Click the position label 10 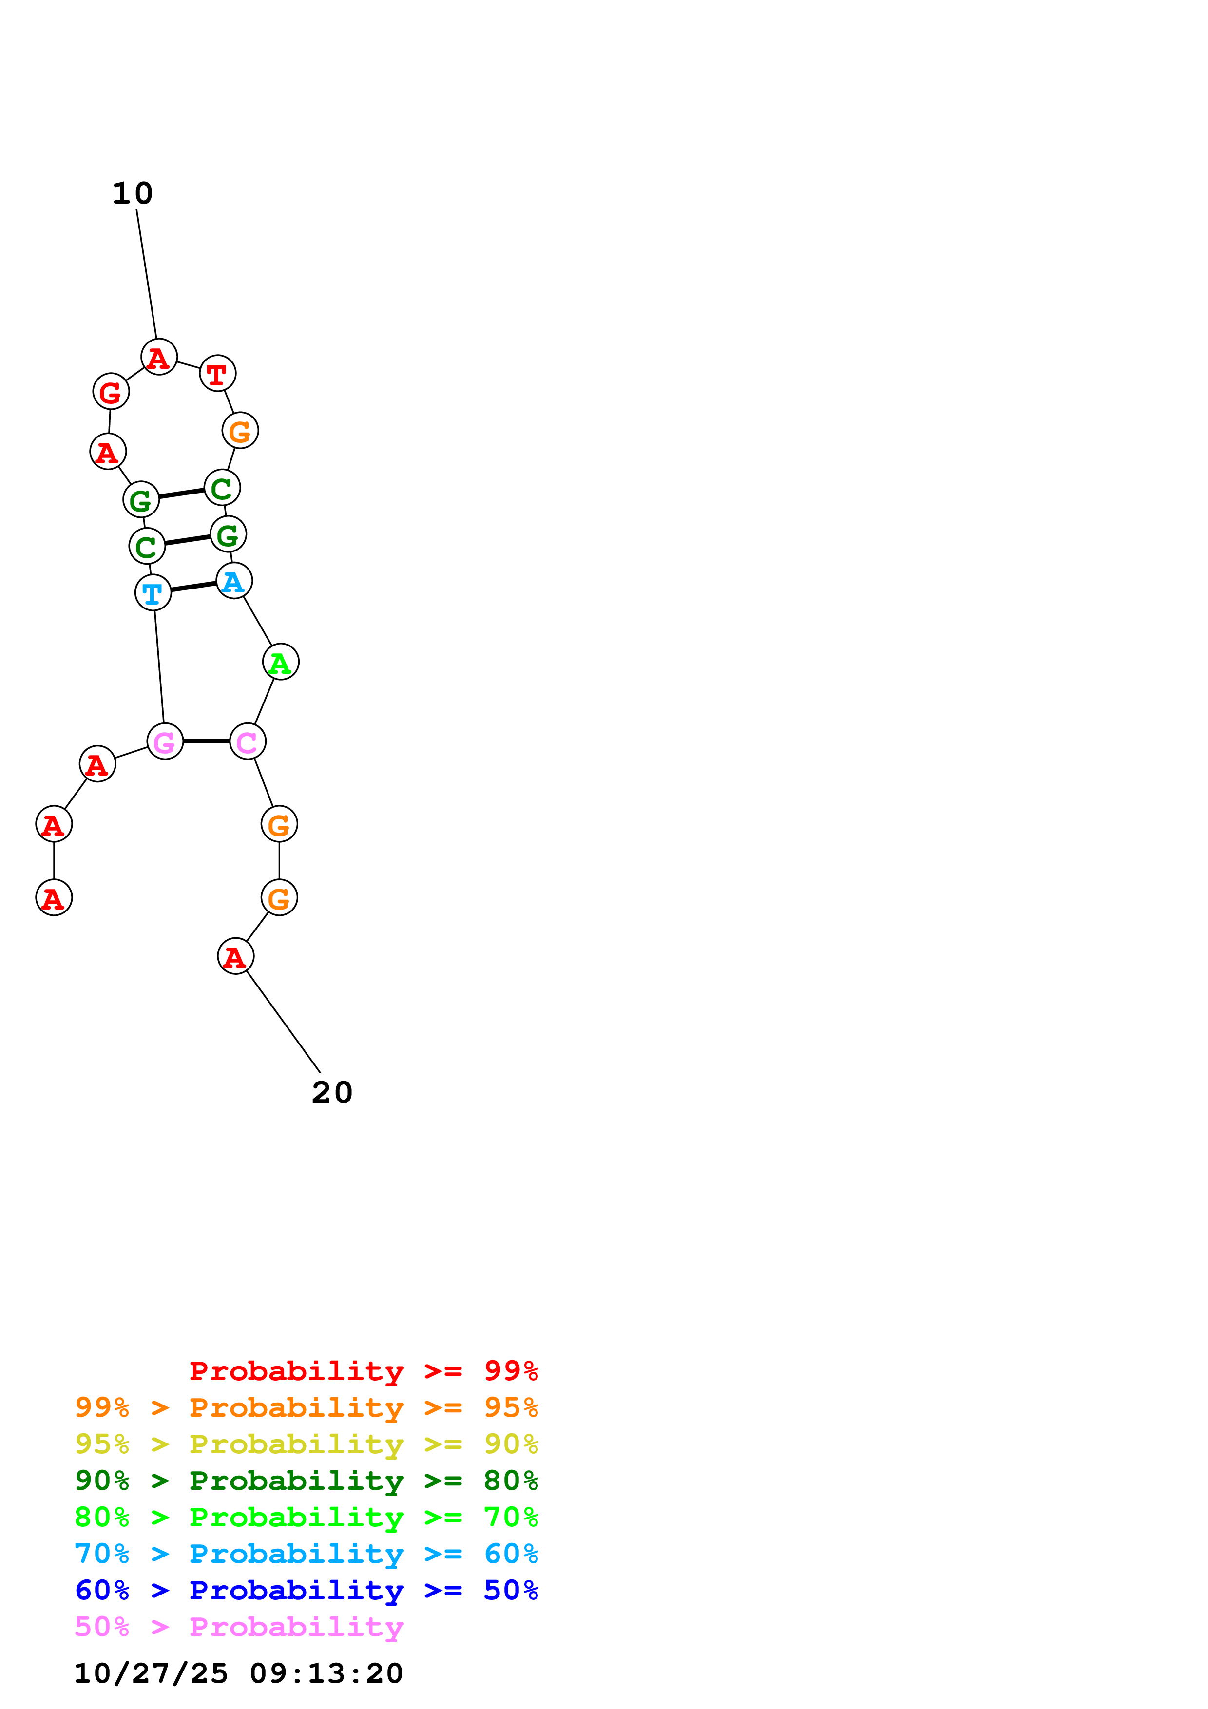pos(133,193)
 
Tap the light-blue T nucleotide pos(153,593)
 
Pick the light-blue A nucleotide pos(234,581)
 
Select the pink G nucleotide pos(165,741)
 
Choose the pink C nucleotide pos(247,741)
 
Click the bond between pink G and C pos(206,741)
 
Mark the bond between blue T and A pos(193,587)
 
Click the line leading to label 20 pos(283,1021)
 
